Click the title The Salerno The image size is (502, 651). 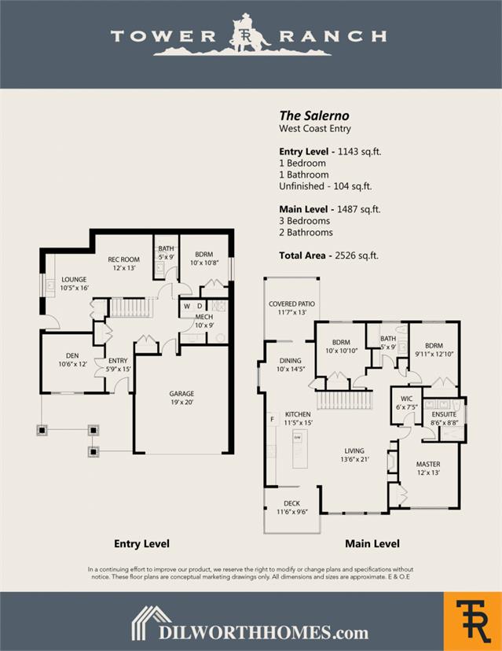[314, 116]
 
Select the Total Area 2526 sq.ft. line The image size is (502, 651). [329, 256]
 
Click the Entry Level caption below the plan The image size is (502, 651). [141, 543]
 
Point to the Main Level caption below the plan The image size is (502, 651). [372, 543]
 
